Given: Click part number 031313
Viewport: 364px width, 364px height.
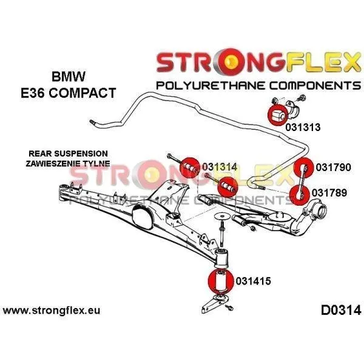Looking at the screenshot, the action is coord(303,127).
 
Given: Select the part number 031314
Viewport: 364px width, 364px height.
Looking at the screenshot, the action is coord(220,167).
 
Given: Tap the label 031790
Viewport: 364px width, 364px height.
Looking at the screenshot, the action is coord(333,167).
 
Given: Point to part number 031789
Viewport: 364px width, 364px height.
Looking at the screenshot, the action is coord(329,193).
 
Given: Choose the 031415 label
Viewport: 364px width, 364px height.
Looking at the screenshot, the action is coord(253,281).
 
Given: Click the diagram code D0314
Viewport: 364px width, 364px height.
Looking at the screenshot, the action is coord(341,310).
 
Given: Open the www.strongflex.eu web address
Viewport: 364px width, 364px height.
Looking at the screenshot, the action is coord(52,311).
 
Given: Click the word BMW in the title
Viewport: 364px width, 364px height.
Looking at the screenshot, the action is coord(69,76).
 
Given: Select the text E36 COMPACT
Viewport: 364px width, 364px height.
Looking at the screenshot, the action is coord(69,93).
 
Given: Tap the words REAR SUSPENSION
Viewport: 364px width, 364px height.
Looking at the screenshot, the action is coord(68,153).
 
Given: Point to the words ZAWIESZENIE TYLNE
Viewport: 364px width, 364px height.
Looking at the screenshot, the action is coord(68,163).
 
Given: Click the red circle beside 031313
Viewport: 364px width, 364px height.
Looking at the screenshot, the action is coord(278,115).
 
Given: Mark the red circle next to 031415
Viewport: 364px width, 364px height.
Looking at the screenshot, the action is coord(221,281).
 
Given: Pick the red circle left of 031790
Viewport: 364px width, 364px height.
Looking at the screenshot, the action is coord(303,167).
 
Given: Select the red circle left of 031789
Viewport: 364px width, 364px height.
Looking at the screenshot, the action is coord(300,195).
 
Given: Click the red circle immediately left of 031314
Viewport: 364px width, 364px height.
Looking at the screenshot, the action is coord(190,167).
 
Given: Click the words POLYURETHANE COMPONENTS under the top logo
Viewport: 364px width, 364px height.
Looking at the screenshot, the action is coord(258,86).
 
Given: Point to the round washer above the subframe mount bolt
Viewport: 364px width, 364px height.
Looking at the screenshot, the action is coord(221,217).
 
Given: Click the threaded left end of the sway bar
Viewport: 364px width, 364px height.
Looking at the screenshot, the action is coord(92,122).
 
